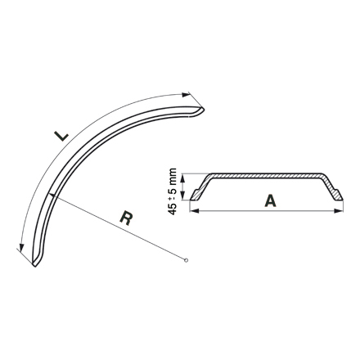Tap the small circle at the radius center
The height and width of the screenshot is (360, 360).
point(187,261)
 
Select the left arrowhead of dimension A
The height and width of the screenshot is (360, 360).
point(194,210)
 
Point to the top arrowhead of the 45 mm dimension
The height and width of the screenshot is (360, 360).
point(186,175)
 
